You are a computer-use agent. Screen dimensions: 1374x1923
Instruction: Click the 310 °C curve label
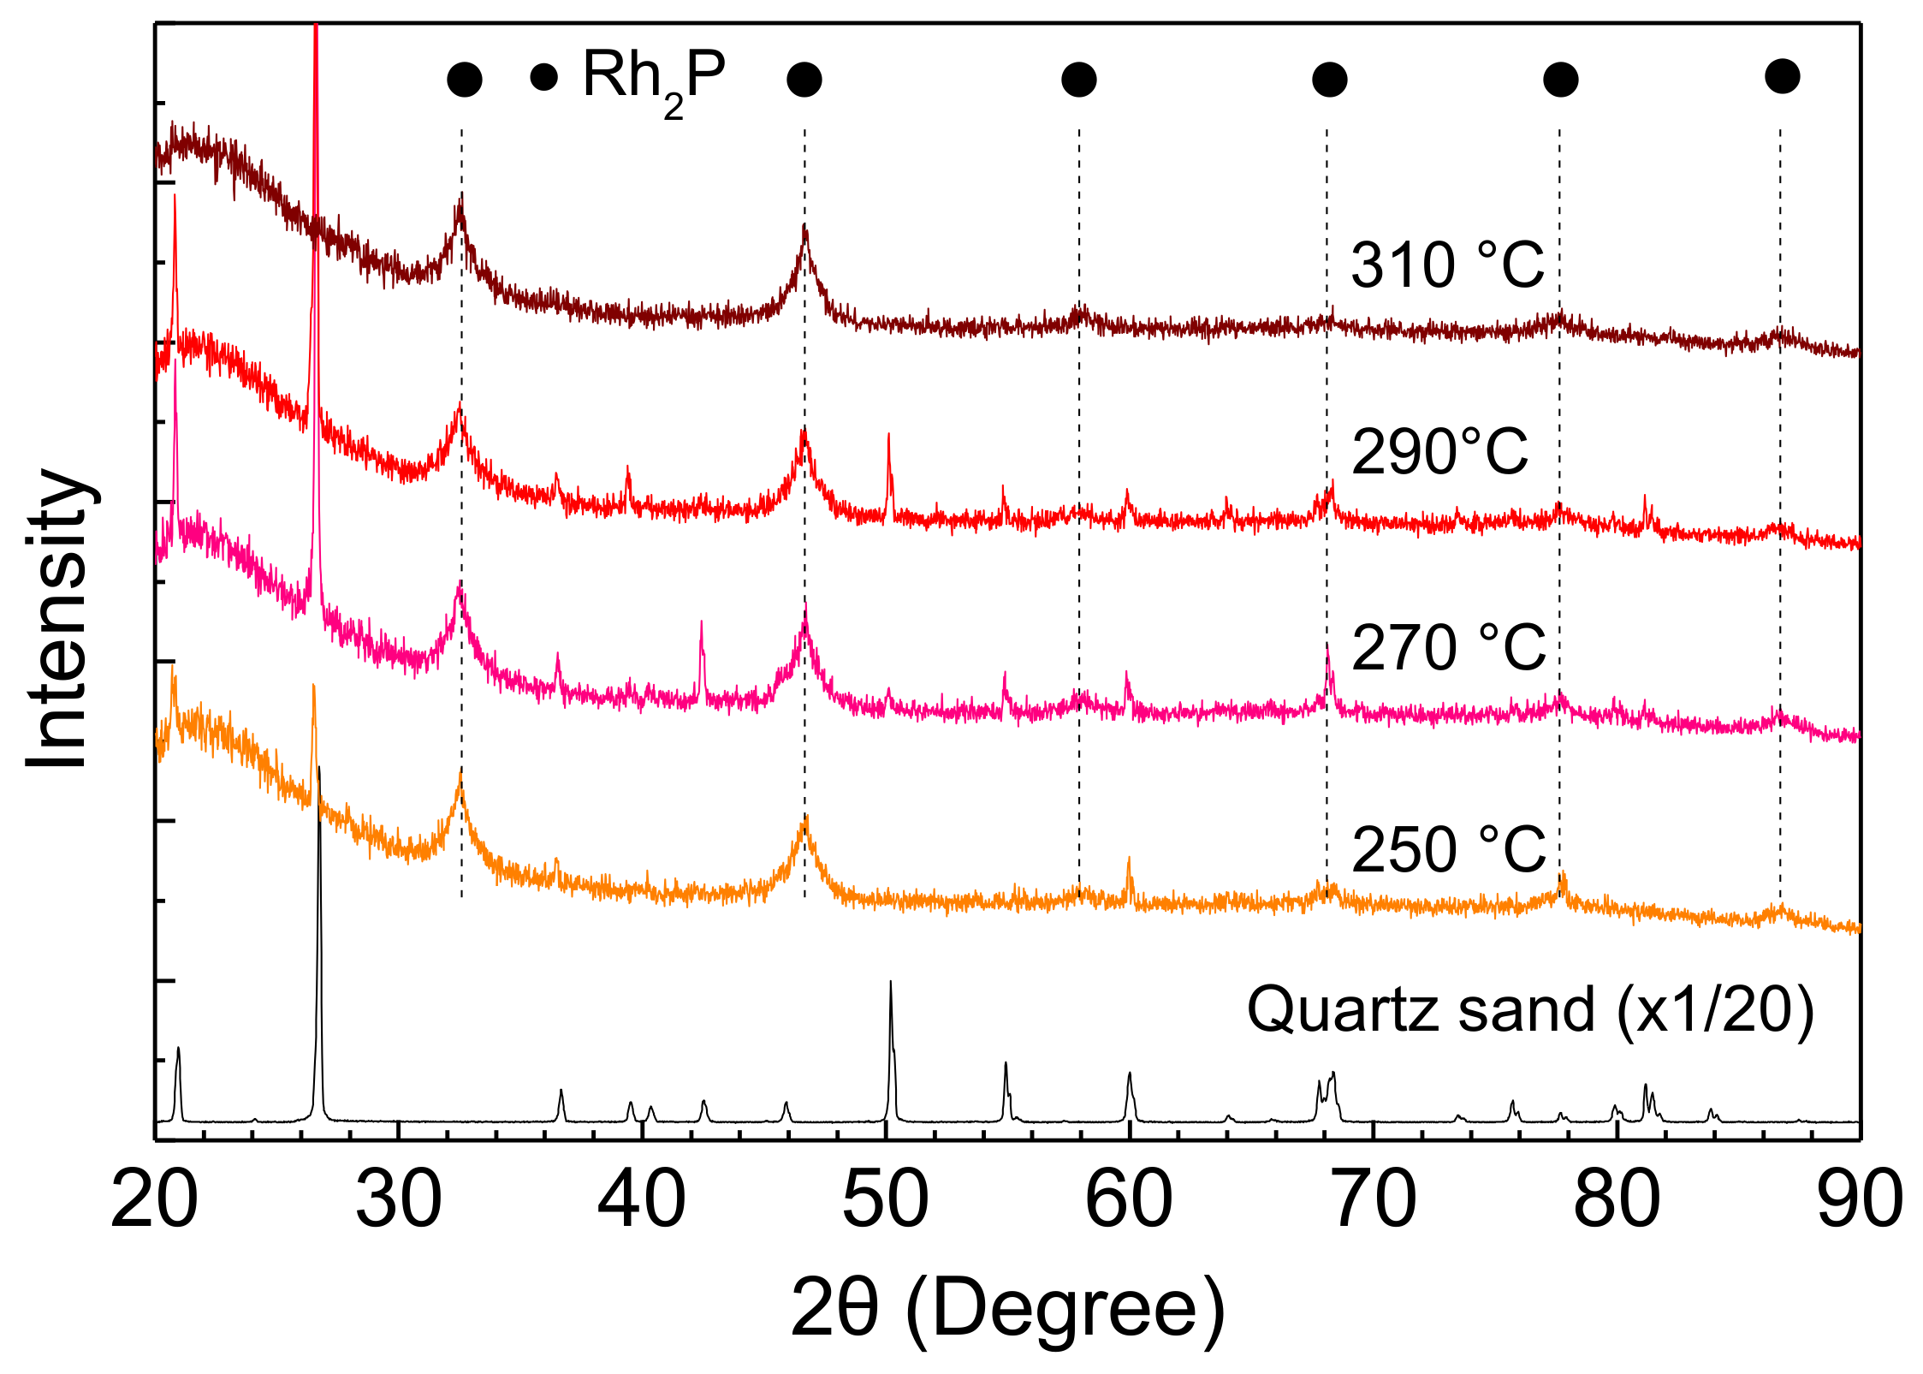[1447, 265]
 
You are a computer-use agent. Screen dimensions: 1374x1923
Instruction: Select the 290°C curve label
[1439, 451]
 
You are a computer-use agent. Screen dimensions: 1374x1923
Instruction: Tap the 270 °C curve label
[1448, 647]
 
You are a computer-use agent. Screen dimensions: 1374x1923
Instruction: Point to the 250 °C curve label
[1448, 849]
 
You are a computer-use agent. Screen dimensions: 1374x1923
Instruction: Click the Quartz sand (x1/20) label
[1530, 1010]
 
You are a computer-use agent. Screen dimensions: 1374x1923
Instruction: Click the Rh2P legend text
[654, 79]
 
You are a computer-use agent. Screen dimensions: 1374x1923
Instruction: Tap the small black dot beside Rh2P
[544, 77]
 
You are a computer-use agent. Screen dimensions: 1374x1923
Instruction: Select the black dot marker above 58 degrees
[1078, 80]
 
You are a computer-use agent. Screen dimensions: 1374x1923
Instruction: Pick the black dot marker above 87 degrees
[1782, 76]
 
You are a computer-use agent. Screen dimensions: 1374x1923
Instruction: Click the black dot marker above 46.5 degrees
[804, 80]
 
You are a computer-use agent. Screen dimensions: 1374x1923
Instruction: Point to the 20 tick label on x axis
[154, 1200]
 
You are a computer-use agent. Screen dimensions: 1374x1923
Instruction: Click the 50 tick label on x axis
[885, 1200]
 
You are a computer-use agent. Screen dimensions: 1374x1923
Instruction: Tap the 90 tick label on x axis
[1859, 1200]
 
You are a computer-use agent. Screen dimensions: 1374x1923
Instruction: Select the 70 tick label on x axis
[1373, 1200]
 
